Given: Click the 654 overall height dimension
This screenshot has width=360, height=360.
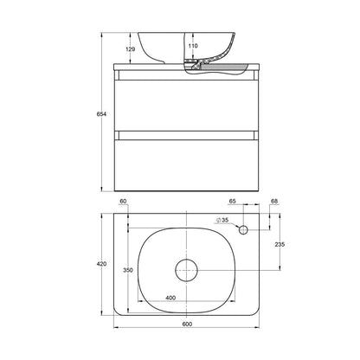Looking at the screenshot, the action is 101,114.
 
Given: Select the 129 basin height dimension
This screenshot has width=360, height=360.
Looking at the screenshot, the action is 131,49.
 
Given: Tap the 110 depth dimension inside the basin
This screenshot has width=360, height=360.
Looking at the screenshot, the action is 193,46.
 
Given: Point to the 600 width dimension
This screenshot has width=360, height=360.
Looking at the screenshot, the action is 187,324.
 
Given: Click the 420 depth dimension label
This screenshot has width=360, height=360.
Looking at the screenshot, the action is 101,264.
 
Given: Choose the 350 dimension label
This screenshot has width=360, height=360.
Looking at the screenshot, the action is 128,270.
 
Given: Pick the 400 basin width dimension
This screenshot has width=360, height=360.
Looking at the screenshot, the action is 170,298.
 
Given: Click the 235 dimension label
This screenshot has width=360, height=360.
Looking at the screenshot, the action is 280,244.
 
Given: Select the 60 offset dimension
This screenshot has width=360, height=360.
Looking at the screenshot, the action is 123,201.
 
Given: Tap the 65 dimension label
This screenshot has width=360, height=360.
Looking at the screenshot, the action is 233,201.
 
